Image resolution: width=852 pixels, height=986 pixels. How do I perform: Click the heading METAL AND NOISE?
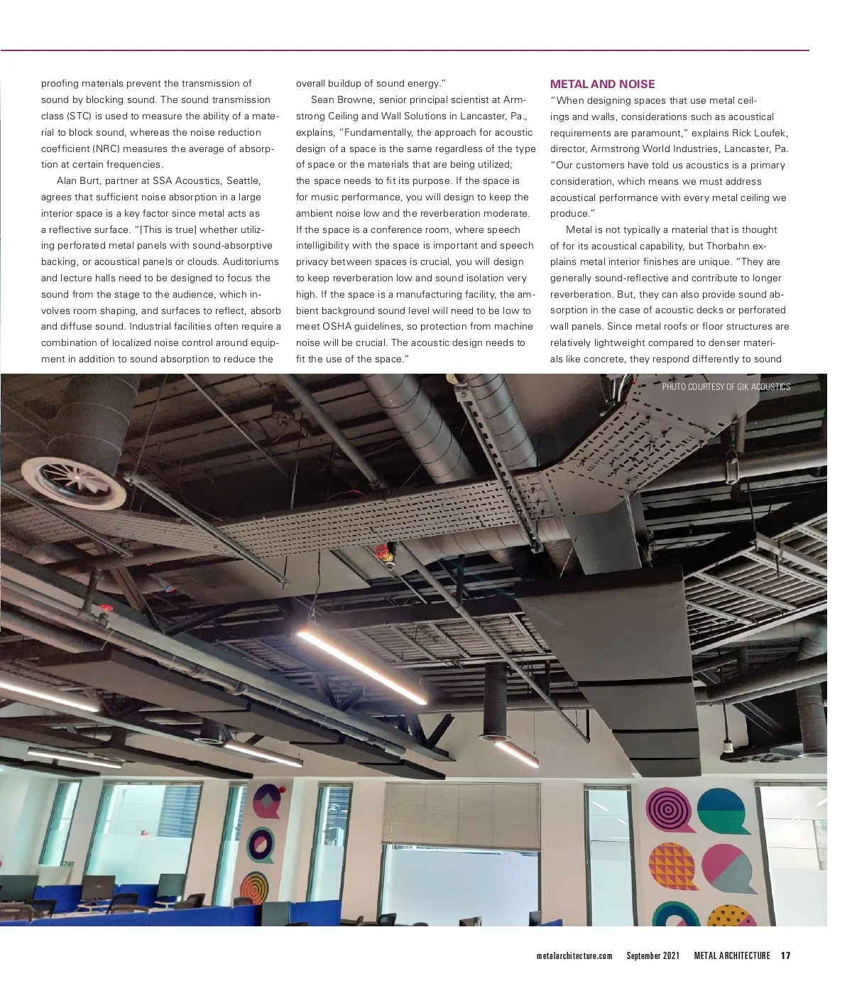click(602, 84)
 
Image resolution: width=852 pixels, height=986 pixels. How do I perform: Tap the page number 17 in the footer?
click(785, 955)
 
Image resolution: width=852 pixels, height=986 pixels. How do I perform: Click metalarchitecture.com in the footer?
click(574, 955)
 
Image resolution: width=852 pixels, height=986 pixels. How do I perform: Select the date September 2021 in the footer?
click(652, 955)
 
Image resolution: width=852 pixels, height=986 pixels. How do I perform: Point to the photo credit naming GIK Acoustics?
click(726, 386)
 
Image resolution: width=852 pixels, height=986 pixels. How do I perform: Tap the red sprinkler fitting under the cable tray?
click(385, 554)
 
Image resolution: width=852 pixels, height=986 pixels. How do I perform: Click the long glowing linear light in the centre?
click(361, 666)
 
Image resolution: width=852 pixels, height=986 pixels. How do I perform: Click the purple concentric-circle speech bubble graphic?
click(669, 809)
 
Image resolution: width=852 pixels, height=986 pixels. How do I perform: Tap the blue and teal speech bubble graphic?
click(723, 811)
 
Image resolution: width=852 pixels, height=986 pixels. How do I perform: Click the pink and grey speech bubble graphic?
click(729, 867)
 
